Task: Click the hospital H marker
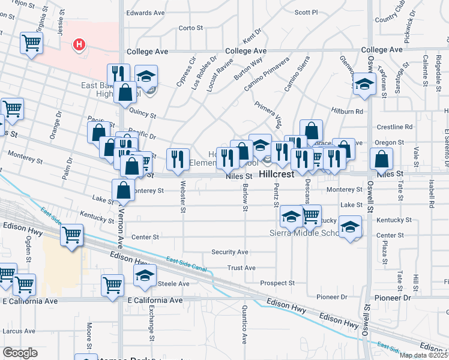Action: coord(79,44)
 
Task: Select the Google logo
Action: coord(20,353)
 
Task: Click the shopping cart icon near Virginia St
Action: coord(31,43)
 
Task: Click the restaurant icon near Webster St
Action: coord(178,158)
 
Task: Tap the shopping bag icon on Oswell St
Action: coord(382,159)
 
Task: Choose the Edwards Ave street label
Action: coord(145,12)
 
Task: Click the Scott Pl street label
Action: coord(307,12)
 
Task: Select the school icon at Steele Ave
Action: coord(145,275)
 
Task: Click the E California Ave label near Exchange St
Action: coord(155,300)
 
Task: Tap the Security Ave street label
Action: coord(230,252)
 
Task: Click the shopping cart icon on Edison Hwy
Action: coord(72,235)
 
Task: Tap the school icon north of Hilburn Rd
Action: coord(364,85)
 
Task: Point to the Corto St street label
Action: coord(191,28)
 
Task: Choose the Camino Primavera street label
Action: coord(267,76)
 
